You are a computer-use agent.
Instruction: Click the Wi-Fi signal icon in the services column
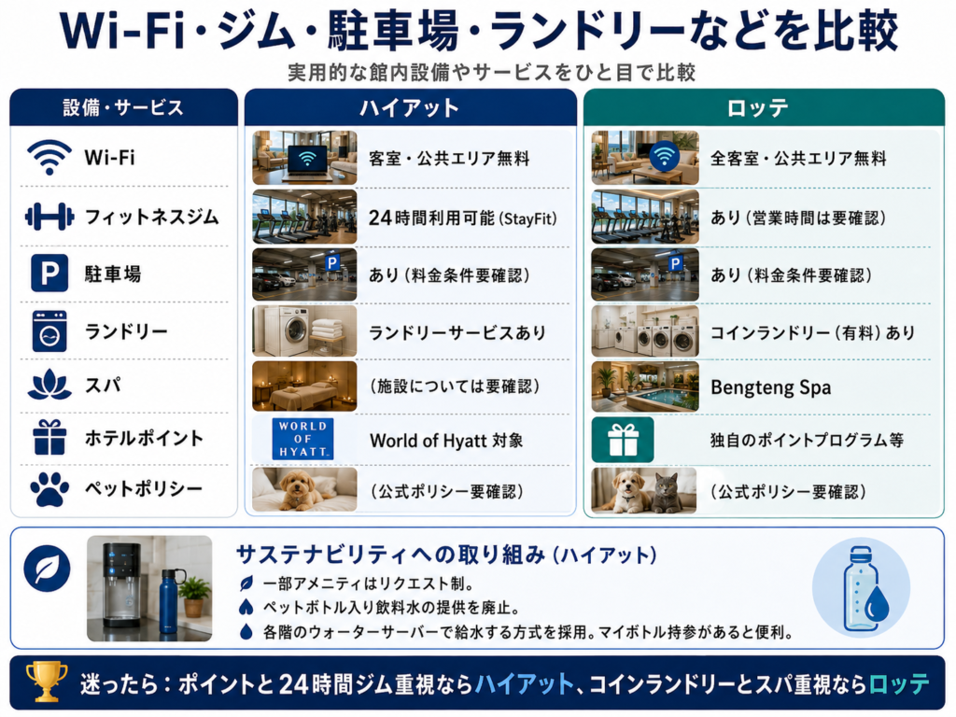click(49, 157)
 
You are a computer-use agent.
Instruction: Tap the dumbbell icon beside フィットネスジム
click(49, 217)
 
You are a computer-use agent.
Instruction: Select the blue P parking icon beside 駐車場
click(49, 274)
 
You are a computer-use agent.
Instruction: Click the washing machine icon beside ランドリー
click(49, 331)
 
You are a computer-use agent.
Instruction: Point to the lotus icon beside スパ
click(49, 386)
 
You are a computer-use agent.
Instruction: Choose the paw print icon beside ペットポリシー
click(49, 489)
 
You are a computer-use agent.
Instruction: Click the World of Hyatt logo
click(302, 439)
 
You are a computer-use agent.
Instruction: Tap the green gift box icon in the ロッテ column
click(623, 440)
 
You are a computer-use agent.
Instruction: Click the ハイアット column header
click(410, 108)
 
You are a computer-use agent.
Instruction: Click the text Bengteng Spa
click(770, 387)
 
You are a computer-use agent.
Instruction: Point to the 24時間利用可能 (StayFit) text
click(463, 218)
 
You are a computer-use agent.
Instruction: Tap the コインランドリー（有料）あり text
click(813, 332)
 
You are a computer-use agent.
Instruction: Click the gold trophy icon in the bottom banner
click(47, 681)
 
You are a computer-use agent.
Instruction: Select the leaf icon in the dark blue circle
click(47, 569)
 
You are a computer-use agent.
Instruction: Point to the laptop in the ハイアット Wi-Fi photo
click(306, 162)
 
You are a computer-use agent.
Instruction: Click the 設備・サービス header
click(123, 108)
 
